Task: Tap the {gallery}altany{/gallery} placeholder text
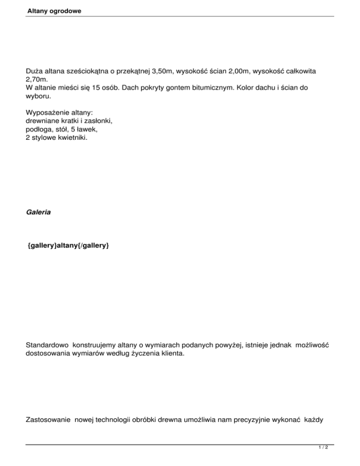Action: [68, 245]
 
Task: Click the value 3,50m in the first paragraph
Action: [159, 71]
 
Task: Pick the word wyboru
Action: [38, 97]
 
